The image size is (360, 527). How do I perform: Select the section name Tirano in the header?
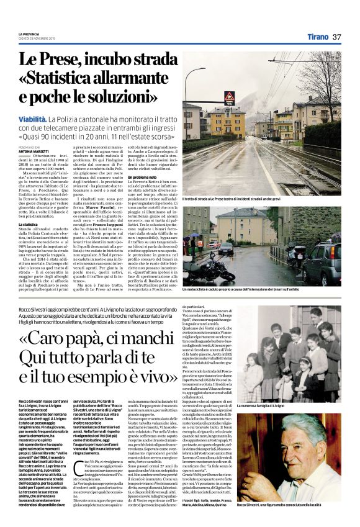(317, 37)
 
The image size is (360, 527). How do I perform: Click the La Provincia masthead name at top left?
(28, 34)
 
